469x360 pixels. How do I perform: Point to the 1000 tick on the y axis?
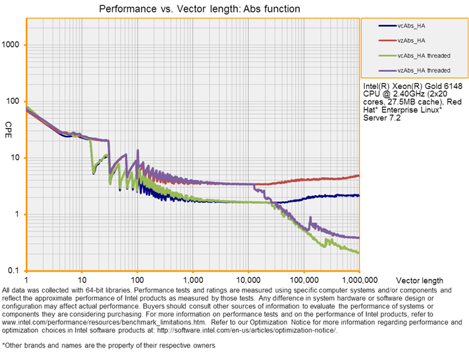tap(13, 45)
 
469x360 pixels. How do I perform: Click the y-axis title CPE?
tap(9, 125)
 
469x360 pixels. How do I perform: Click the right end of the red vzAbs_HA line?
tap(358, 175)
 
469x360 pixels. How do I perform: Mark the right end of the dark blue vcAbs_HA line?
tap(358, 195)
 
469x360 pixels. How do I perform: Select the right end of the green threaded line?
tap(358, 252)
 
